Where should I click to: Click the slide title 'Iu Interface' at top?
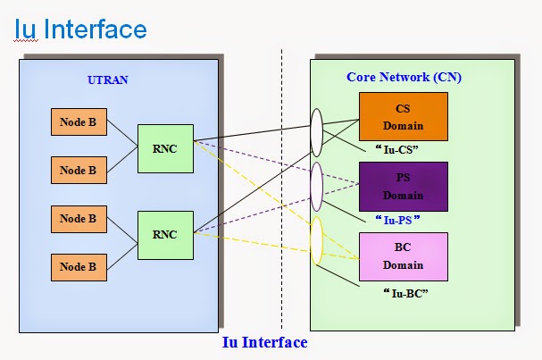(x=80, y=29)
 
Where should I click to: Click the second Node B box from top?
(x=79, y=170)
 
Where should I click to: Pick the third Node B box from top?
(x=79, y=219)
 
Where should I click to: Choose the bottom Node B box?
(x=79, y=265)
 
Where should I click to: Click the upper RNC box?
(x=164, y=148)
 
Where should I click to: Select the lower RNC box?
(x=164, y=235)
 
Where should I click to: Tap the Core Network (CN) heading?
(x=404, y=77)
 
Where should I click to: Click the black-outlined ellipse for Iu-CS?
(x=316, y=132)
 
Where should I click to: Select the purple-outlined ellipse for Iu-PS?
(x=315, y=187)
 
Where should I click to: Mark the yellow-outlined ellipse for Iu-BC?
(x=315, y=242)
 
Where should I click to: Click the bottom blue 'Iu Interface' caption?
(x=264, y=342)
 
